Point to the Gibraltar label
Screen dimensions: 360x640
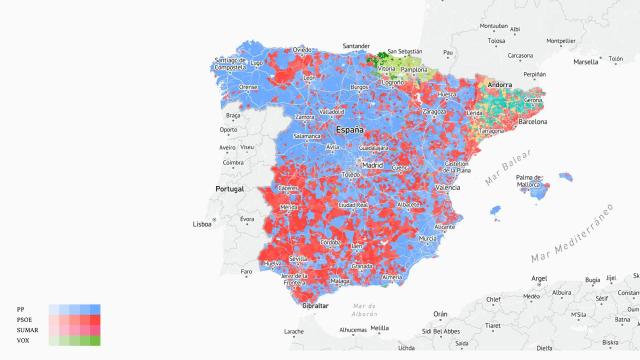click(316, 305)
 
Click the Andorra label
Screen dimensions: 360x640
click(499, 86)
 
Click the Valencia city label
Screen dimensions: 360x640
click(447, 187)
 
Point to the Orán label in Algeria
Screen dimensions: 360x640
click(440, 313)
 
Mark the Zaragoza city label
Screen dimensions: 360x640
click(432, 113)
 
